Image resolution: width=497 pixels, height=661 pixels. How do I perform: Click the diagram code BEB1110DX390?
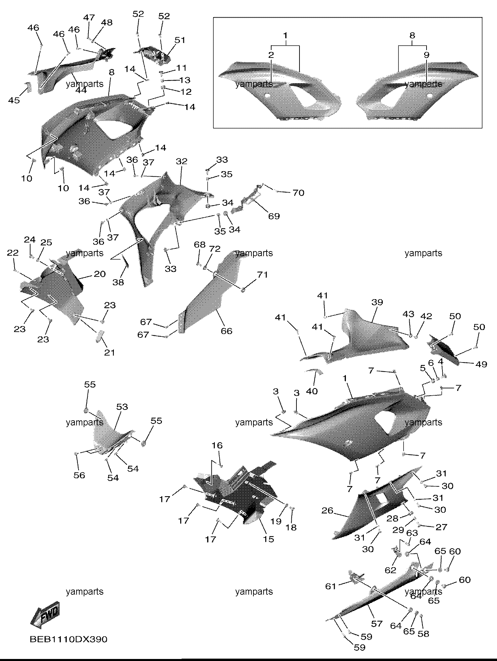coord(68,639)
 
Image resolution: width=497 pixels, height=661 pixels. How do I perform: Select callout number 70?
coord(298,193)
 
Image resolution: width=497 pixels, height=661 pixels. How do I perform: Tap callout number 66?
coord(226,331)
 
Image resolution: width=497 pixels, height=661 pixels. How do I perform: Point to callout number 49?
coord(481,364)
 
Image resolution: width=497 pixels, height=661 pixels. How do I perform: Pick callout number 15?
coord(268,539)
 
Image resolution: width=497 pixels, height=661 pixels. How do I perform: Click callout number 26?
coord(327,510)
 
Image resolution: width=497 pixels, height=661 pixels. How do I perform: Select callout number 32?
coord(182,161)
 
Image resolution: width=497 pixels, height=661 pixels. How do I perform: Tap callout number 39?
coord(377,302)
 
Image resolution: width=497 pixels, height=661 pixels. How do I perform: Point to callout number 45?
coord(14,100)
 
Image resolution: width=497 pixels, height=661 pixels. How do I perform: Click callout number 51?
coord(180,40)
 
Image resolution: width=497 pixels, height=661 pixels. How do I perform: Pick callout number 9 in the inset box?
coord(426,55)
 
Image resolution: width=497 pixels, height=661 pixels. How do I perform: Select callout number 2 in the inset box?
coord(271,55)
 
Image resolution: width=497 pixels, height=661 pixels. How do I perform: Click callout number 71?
coord(262,275)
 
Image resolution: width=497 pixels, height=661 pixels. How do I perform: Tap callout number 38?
coord(118,282)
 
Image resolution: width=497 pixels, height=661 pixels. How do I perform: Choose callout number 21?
coord(109,352)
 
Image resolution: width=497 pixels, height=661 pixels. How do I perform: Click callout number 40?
coord(312,391)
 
